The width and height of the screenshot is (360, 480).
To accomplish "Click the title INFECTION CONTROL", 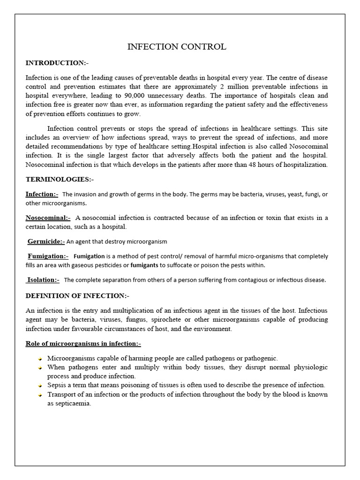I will coord(177,46).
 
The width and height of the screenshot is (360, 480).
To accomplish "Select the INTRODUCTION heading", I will coord(56,63).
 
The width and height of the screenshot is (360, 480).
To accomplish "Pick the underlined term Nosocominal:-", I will coord(48,217).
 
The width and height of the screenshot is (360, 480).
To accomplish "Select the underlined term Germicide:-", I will coord(46,241).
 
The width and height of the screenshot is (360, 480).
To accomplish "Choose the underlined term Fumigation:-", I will coord(48,256).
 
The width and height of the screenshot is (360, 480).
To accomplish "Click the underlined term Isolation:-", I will coord(43,280).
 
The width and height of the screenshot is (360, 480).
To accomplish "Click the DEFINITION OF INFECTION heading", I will coord(77,296).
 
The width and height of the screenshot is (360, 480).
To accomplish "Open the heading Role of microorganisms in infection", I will coord(82,344).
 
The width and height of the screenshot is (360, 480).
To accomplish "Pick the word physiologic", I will coord(309,367).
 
